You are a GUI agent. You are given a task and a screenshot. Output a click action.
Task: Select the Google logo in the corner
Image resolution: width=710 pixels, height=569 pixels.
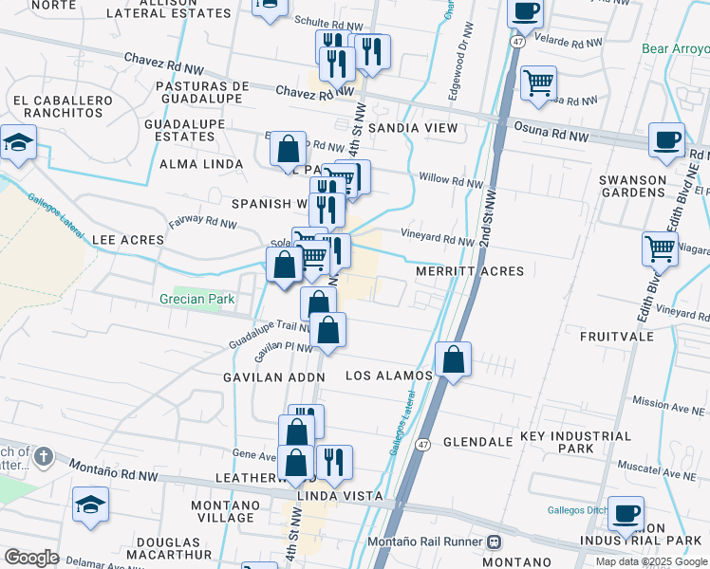tap(31, 558)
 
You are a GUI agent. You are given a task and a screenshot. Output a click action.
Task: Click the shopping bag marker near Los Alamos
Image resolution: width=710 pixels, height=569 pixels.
tap(454, 359)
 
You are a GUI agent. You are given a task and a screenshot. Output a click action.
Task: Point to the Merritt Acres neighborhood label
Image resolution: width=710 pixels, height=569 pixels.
tap(470, 271)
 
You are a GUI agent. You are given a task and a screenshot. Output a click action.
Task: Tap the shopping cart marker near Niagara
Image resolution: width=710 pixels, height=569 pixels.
tap(660, 249)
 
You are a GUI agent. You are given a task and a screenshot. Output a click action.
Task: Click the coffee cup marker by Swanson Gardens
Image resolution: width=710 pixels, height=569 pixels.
tap(666, 140)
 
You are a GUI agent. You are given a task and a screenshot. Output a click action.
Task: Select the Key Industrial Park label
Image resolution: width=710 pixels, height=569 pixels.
tap(570, 441)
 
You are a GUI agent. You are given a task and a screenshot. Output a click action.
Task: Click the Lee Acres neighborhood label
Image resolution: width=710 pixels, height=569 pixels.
tap(129, 240)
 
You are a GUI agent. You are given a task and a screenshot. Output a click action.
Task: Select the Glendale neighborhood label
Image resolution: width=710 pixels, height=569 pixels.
tap(465, 442)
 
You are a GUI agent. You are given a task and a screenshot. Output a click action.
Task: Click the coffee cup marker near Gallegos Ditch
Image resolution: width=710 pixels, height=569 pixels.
tap(626, 513)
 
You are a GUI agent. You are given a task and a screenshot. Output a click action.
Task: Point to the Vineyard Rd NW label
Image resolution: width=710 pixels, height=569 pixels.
tap(437, 242)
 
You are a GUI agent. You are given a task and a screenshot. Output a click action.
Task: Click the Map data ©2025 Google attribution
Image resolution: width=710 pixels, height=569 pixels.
tap(651, 561)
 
